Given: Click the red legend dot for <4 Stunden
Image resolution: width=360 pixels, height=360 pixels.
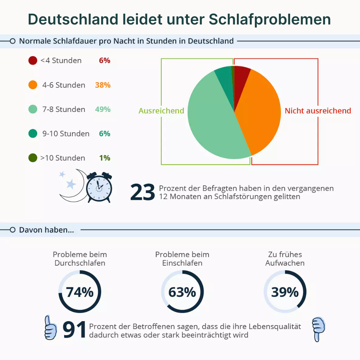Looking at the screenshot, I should click(33, 60).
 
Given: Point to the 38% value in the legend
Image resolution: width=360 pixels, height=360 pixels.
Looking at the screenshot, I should click(103, 85).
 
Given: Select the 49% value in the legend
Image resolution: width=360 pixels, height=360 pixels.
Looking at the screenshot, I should click(103, 109).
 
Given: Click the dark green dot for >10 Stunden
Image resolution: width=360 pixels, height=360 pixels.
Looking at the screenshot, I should click(33, 158).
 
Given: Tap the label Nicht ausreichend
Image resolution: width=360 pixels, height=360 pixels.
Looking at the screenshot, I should click(318, 111).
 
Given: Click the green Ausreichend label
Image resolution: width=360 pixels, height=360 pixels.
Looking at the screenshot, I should click(161, 111).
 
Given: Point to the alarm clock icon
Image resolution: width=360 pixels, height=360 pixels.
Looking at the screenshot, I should click(99, 187).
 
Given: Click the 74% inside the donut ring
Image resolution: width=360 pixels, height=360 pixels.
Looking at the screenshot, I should click(80, 292).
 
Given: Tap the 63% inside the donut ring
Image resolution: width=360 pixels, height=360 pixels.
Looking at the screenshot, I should click(182, 292).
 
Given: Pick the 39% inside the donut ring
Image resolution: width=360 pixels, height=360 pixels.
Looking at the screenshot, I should click(285, 292).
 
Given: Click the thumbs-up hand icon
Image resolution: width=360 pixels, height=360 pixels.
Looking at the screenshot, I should click(50, 328).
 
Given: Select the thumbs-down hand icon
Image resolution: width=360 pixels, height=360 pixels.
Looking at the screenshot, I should click(318, 329).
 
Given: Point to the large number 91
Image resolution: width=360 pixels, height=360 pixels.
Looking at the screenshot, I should click(75, 330).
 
